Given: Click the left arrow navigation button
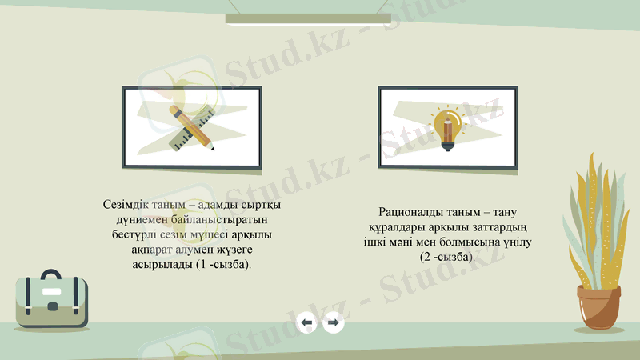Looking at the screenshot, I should (x=306, y=322).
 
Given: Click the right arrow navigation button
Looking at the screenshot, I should (x=333, y=322).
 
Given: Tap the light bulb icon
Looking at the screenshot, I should (x=447, y=129).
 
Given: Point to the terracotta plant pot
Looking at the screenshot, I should (x=598, y=309).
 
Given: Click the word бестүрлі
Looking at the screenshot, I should (x=139, y=234).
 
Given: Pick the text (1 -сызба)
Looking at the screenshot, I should (x=222, y=264).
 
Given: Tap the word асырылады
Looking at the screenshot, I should (x=161, y=264).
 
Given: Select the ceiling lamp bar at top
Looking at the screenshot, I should (x=308, y=18).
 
